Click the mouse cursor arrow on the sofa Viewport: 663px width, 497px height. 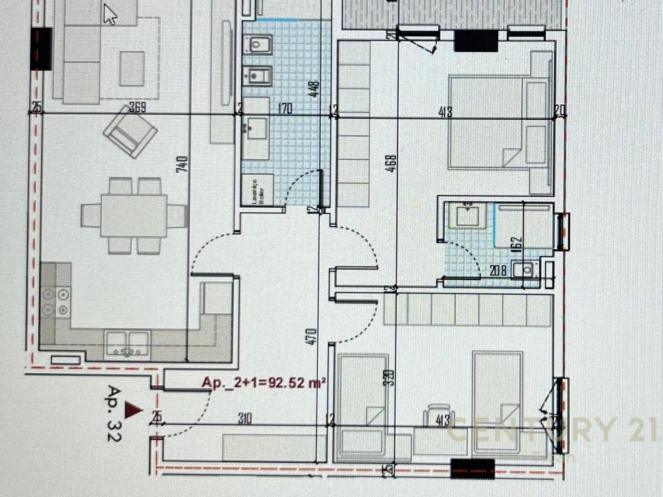click(110, 14)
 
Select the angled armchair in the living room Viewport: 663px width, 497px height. click(130, 131)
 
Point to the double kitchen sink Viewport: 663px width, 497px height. click(128, 342)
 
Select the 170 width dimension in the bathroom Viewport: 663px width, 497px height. click(285, 109)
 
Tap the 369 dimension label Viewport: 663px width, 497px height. click(137, 108)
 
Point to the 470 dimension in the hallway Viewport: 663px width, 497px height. click(312, 337)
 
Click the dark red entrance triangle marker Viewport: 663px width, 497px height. click(133, 409)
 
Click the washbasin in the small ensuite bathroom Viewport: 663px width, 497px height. click(471, 215)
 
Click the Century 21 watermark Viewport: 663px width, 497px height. click(550, 430)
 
